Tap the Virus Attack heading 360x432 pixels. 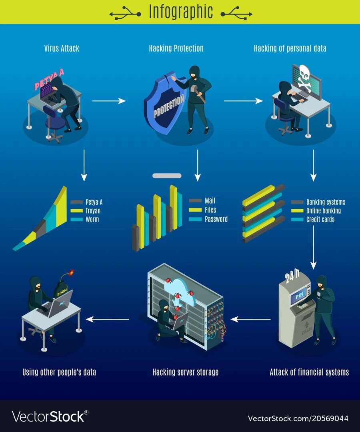(x=62, y=48)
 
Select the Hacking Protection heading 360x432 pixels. (x=176, y=48)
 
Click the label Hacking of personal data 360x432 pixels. (x=290, y=48)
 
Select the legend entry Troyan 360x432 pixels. (x=93, y=211)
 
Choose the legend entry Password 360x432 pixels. (x=216, y=219)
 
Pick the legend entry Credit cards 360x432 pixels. (x=320, y=219)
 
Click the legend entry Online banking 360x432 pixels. (x=323, y=211)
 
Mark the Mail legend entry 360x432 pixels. (x=210, y=201)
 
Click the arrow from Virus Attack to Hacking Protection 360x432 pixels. (x=109, y=101)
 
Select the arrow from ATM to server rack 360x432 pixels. (x=251, y=319)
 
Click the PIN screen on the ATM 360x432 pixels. (x=300, y=296)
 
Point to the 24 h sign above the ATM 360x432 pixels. (x=292, y=276)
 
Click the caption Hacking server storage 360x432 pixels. (x=185, y=372)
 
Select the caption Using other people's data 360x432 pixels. (x=59, y=372)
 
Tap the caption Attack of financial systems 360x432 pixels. (x=309, y=372)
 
